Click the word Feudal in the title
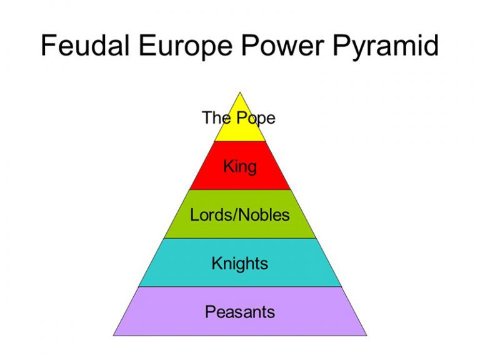(85, 45)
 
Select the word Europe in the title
(186, 48)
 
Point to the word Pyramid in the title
(386, 48)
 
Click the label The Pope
(239, 118)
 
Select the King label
(240, 167)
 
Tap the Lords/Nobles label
(240, 214)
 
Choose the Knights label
(240, 264)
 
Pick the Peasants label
(240, 312)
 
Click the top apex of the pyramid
(240, 92)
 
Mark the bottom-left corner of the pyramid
(114, 336)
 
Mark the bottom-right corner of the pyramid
(366, 336)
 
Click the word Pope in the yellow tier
(256, 118)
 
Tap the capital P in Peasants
(211, 312)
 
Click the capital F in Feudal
(48, 45)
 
